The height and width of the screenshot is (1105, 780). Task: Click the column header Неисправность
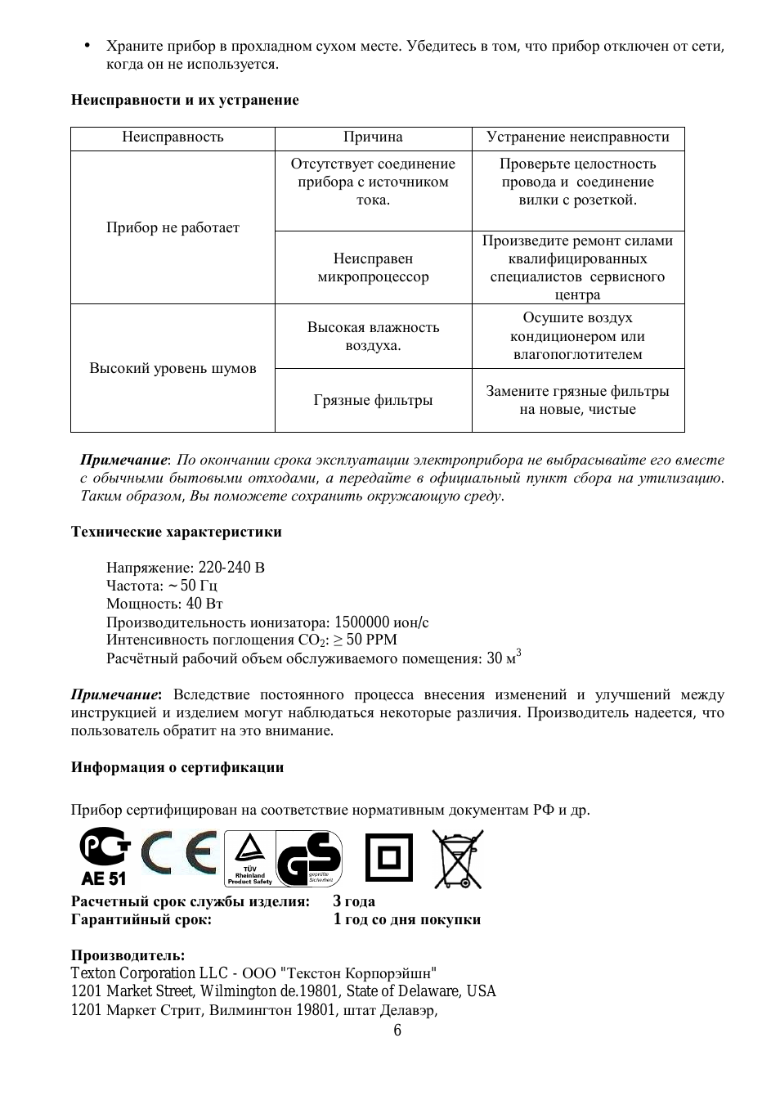pyautogui.click(x=173, y=137)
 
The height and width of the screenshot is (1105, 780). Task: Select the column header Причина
pyautogui.click(x=373, y=137)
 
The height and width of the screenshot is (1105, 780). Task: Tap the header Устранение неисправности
pyautogui.click(x=577, y=137)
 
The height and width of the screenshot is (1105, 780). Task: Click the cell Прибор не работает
pyautogui.click(x=173, y=227)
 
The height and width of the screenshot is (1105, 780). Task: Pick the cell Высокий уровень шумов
pyautogui.click(x=173, y=368)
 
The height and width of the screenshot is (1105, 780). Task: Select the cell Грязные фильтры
pyautogui.click(x=373, y=401)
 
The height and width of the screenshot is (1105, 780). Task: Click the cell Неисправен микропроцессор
pyautogui.click(x=373, y=268)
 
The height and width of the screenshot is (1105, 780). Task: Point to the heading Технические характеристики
pyautogui.click(x=176, y=532)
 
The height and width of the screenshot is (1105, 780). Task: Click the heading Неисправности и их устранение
pyautogui.click(x=185, y=101)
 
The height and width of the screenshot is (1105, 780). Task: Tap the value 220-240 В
pyautogui.click(x=231, y=568)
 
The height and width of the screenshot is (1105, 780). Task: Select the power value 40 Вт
pyautogui.click(x=204, y=604)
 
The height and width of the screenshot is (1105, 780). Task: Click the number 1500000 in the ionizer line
pyautogui.click(x=362, y=622)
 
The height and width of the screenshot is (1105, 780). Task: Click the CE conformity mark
pyautogui.click(x=178, y=853)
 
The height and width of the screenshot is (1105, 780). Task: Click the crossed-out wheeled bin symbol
pyautogui.click(x=458, y=859)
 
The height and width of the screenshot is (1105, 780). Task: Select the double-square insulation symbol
pyautogui.click(x=388, y=858)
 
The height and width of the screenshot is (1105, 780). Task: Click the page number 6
pyautogui.click(x=397, y=1031)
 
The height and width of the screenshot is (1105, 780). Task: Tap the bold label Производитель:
pyautogui.click(x=128, y=955)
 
